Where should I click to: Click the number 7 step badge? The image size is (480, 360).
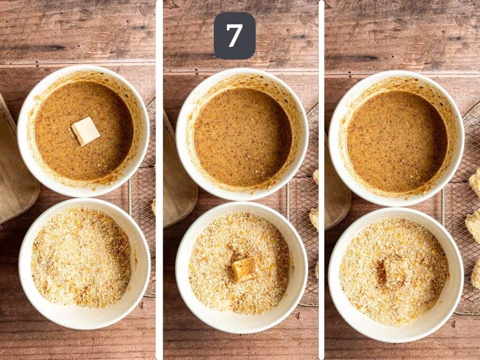coord(234,36)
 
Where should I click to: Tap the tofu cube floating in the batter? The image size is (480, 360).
coord(85,131)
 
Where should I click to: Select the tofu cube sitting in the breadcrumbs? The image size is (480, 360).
coord(245,270)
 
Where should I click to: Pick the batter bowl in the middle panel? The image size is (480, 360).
coord(242,136)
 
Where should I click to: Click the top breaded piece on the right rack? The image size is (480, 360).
coord(475,183)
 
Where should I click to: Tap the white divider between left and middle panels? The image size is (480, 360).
coord(159,180)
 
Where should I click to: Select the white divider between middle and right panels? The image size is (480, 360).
coord(322,180)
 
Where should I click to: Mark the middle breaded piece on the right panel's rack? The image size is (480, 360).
coord(473,225)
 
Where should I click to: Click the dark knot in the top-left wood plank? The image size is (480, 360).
coord(47,47)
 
